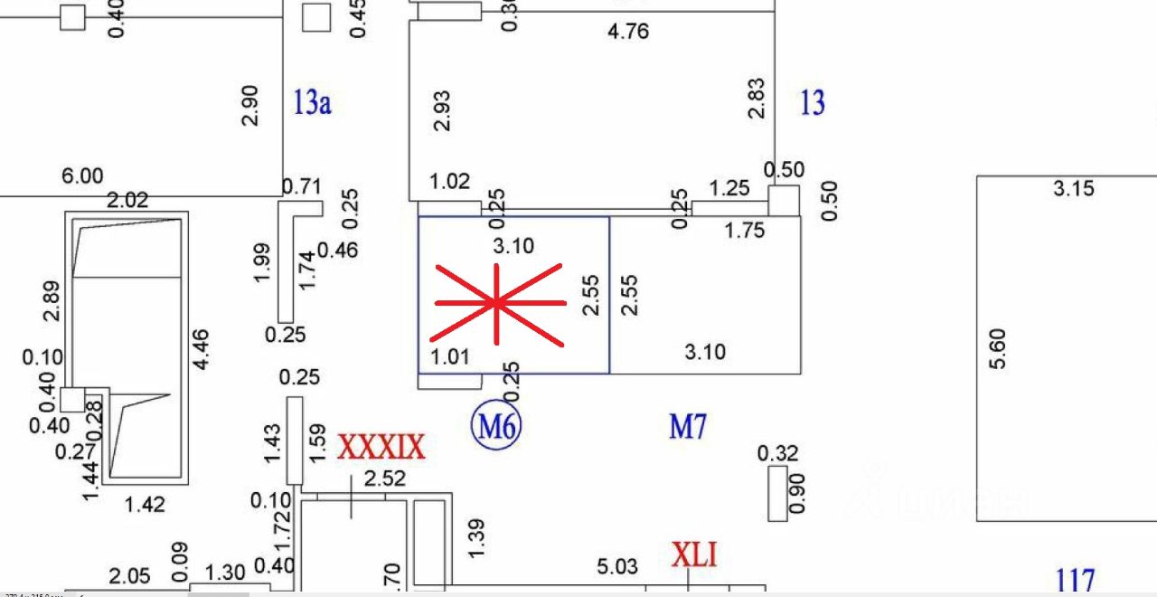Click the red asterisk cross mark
[498, 304]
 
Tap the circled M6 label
[497, 425]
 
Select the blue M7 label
[687, 426]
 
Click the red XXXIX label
[381, 447]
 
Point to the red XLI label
[694, 554]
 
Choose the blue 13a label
[312, 102]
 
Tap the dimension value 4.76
[628, 32]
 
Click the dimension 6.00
[82, 175]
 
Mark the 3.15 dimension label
[1074, 189]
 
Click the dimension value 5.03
[617, 567]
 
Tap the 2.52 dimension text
[384, 479]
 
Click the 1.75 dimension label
[745, 231]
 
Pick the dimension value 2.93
[442, 111]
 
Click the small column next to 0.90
[777, 495]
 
